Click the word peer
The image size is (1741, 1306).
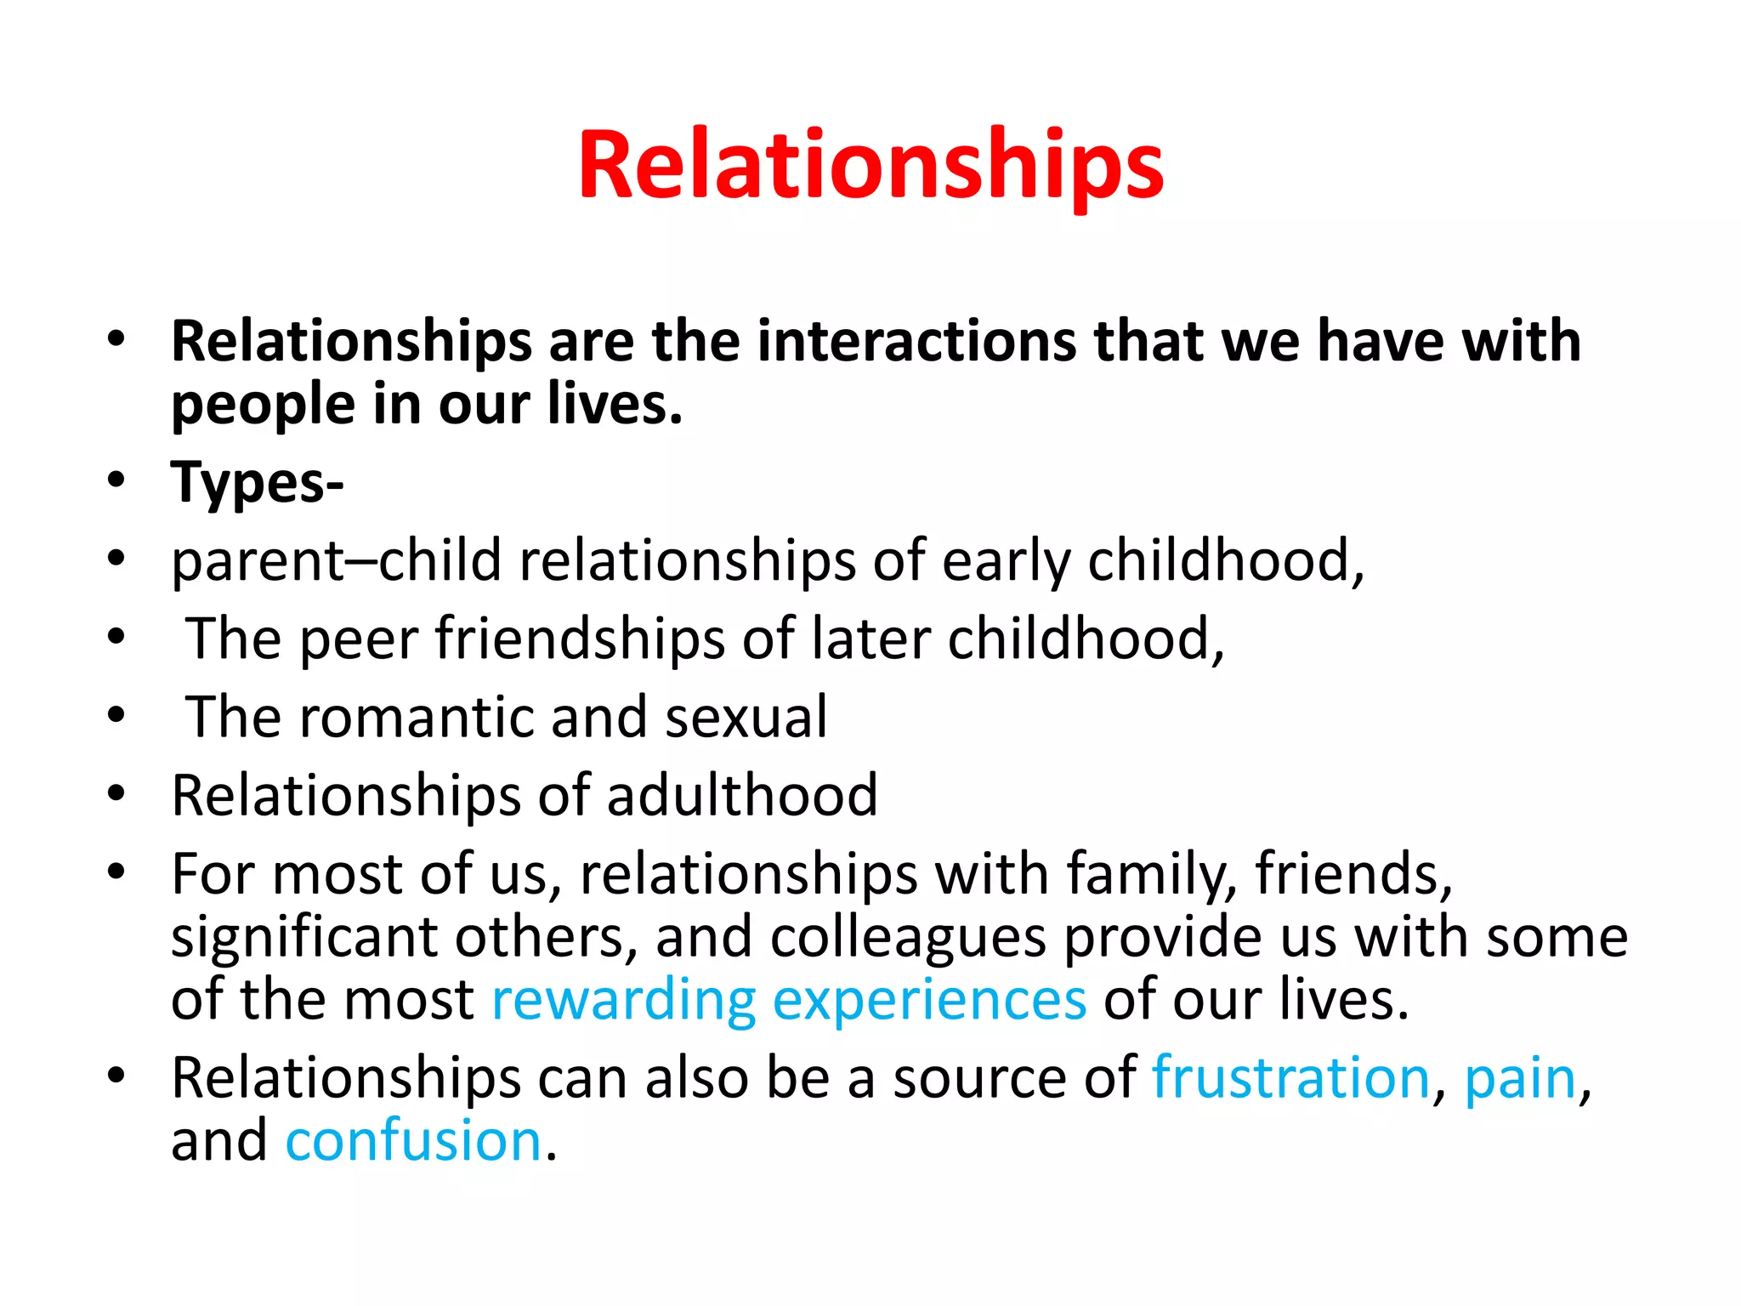360,639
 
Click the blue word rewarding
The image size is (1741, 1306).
624,1000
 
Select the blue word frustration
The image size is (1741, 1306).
1290,1078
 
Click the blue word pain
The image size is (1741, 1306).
1520,1078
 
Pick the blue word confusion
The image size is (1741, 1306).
414,1141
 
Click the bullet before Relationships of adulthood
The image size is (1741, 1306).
116,795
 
